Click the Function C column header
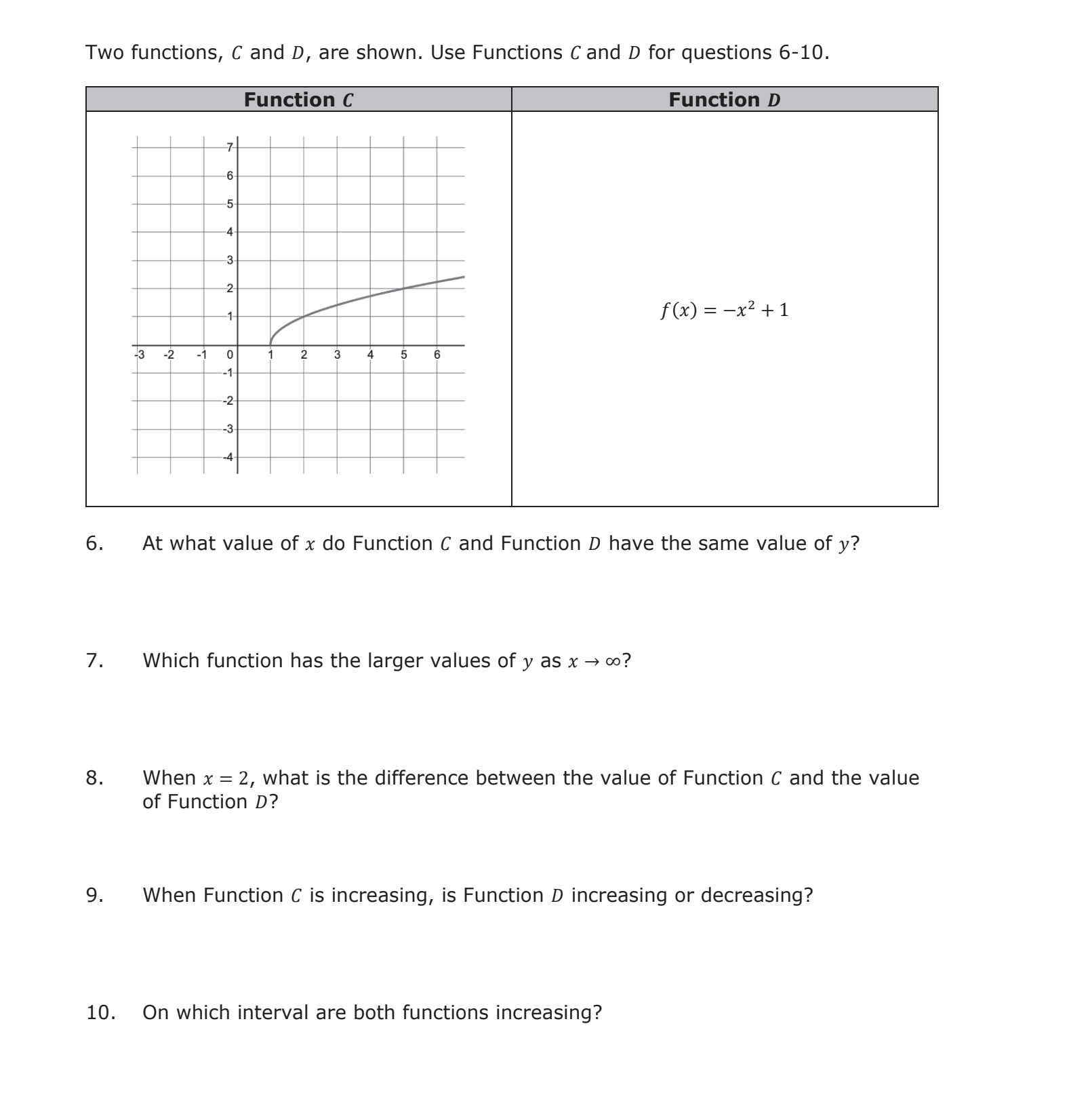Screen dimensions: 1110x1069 pyautogui.click(x=298, y=100)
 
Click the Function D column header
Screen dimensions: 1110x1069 pyautogui.click(x=724, y=100)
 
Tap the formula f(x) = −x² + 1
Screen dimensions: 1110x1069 pyautogui.click(x=724, y=310)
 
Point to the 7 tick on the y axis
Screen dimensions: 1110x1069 pyautogui.click(x=230, y=147)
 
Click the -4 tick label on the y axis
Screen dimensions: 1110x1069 pyautogui.click(x=228, y=457)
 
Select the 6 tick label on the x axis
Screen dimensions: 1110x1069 pyautogui.click(x=437, y=355)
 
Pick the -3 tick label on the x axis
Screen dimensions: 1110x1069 pyautogui.click(x=140, y=355)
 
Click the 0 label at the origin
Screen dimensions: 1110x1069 pyautogui.click(x=230, y=355)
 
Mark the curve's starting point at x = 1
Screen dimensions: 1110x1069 pyautogui.click(x=270, y=344)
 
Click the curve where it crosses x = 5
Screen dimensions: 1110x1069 pyautogui.click(x=403, y=288)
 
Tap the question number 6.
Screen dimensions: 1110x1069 pyautogui.click(x=94, y=544)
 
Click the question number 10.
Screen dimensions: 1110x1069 pyautogui.click(x=100, y=1013)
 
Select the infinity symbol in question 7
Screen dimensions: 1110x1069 pyautogui.click(x=613, y=661)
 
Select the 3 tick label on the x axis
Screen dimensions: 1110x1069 pyautogui.click(x=337, y=355)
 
